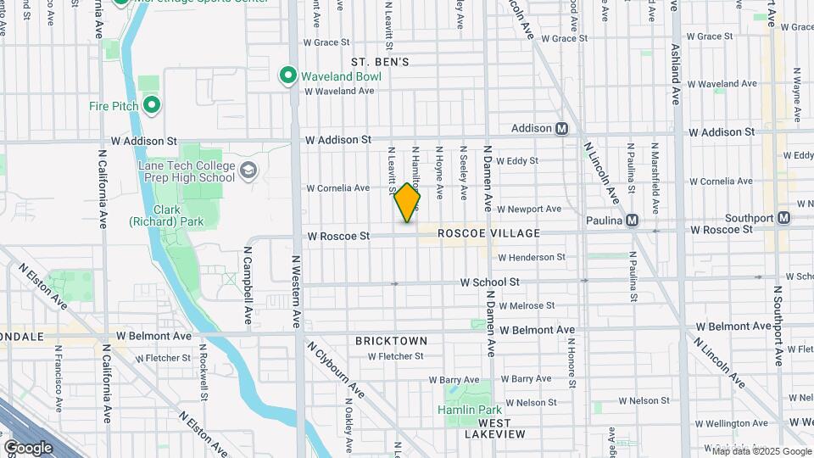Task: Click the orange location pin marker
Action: pyautogui.click(x=407, y=203)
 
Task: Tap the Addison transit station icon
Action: pyautogui.click(x=561, y=129)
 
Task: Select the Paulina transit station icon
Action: pyautogui.click(x=632, y=221)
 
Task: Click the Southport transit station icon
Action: pyautogui.click(x=784, y=218)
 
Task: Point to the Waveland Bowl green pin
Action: pyautogui.click(x=287, y=75)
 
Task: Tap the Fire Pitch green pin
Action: pyautogui.click(x=152, y=105)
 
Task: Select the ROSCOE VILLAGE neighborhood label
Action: pyautogui.click(x=489, y=233)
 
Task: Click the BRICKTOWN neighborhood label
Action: pyautogui.click(x=391, y=341)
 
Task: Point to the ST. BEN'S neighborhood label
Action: pyautogui.click(x=381, y=62)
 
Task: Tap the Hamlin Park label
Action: pyautogui.click(x=465, y=411)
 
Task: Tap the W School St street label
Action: pyautogui.click(x=489, y=282)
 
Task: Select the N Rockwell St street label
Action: pyautogui.click(x=204, y=372)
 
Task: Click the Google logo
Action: pyautogui.click(x=29, y=447)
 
